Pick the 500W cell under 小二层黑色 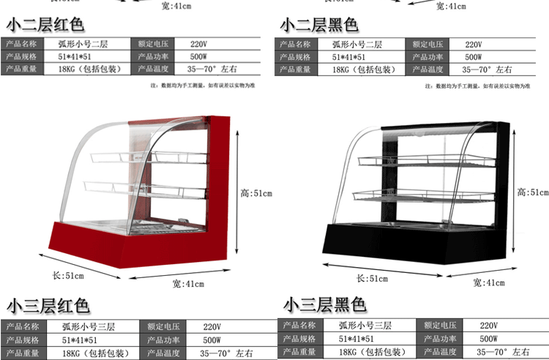[473, 56]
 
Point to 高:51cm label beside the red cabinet [256, 193]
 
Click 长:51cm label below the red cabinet [67, 275]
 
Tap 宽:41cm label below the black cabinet [488, 282]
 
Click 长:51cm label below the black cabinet [372, 278]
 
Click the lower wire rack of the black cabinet [410, 195]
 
